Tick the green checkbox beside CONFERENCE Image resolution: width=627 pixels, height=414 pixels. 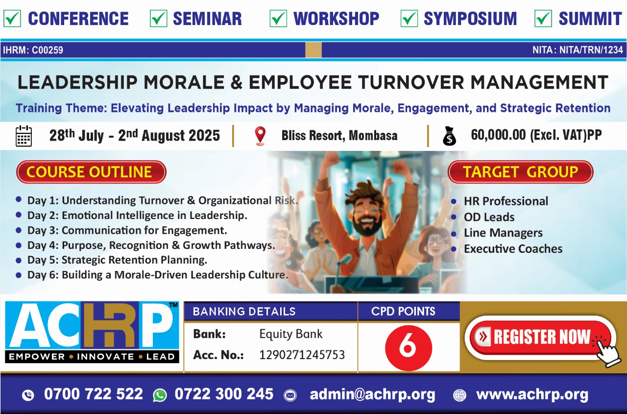coord(12,19)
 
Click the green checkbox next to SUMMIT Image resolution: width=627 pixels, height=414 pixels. coord(543,19)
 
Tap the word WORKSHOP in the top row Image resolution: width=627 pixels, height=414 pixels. coord(336,19)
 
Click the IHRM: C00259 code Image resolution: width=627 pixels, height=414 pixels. coord(33,50)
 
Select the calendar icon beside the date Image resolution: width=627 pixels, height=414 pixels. coord(24,136)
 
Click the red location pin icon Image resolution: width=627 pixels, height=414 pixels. coord(260,136)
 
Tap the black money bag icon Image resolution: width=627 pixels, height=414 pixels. coord(450,136)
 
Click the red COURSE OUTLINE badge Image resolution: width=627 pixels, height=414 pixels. coord(91,172)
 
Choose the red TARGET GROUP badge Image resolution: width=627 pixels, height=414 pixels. coord(521,172)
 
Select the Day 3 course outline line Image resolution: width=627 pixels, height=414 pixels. coord(127,230)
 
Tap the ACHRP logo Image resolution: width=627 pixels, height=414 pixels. coord(92,332)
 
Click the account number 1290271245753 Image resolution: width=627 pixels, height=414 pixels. coord(302,355)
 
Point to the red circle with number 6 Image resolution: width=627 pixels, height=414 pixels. coord(409,348)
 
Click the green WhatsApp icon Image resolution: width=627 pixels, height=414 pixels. coord(160,395)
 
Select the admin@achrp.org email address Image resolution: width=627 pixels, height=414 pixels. coord(373,394)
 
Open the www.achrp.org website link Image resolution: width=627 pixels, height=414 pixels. coord(532,394)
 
